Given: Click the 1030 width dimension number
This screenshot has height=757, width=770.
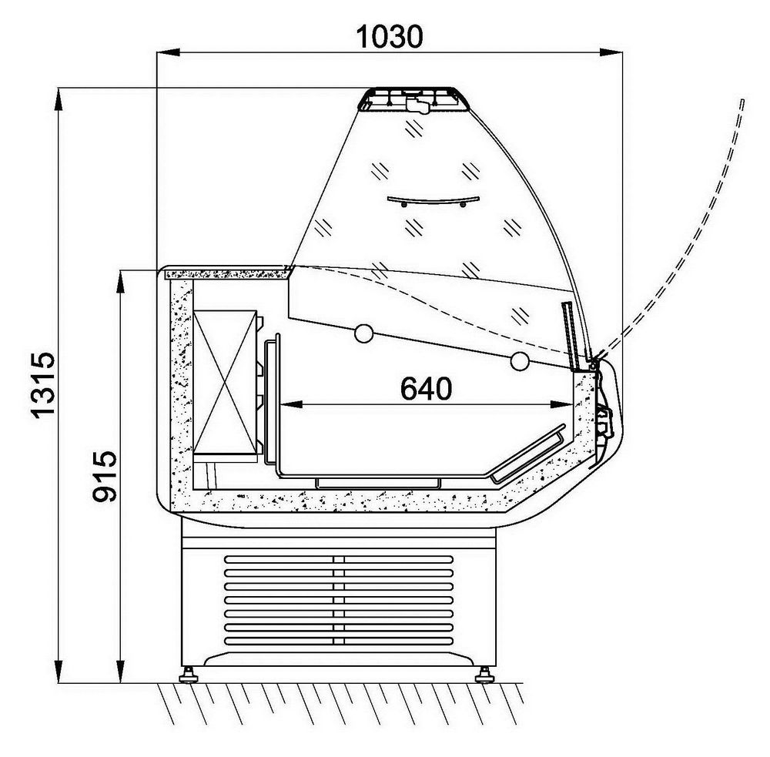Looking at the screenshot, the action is pos(389,36).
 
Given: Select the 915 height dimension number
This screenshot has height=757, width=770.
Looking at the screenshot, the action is pos(105,476).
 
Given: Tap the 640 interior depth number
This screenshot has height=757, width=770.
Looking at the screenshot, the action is pos(426,388).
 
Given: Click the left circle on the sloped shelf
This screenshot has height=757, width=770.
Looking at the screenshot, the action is pos(363,333).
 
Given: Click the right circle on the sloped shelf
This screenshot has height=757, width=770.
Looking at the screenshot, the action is pos(520,361).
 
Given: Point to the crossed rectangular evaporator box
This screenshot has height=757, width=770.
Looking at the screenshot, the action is pos(225,382).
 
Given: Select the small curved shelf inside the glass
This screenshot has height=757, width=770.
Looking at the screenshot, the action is pos(433,200).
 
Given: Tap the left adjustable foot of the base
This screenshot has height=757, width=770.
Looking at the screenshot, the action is pos(188,675).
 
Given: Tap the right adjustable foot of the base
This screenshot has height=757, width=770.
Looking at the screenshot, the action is pos(484,675).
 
